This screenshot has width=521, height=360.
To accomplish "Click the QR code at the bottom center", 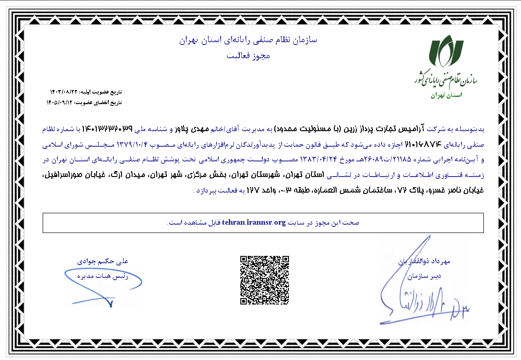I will [265, 280].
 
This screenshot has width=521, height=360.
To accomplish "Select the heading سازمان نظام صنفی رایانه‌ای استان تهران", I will [248, 40].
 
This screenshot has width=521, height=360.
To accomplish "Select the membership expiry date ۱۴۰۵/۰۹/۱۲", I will [60, 102].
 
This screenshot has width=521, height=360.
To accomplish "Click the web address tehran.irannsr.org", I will [254, 223].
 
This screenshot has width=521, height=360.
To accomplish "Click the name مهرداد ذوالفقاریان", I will [424, 261].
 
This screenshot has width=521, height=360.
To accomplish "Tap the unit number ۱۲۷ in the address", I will [254, 190].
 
